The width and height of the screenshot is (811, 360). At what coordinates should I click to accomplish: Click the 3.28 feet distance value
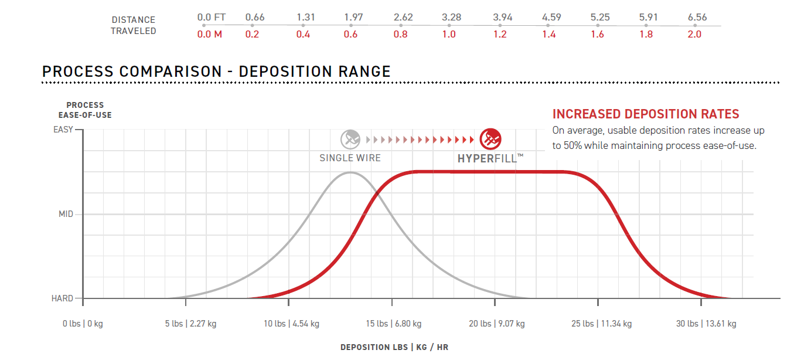pyautogui.click(x=452, y=18)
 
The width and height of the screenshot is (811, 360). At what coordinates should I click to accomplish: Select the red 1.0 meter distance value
pyautogui.click(x=449, y=34)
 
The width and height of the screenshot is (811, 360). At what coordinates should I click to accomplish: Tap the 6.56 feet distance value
pyautogui.click(x=697, y=18)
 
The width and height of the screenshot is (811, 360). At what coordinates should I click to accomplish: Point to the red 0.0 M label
pyautogui.click(x=210, y=34)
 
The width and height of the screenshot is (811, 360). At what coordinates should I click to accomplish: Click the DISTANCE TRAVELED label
pyautogui.click(x=134, y=25)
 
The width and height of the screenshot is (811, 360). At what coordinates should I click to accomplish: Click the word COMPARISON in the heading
pyautogui.click(x=170, y=72)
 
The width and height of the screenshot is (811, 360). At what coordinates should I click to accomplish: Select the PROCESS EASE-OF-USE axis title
pyautogui.click(x=85, y=110)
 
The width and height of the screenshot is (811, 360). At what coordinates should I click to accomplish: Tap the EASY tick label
pyautogui.click(x=63, y=130)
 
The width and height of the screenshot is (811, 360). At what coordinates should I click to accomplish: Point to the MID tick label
pyautogui.click(x=66, y=214)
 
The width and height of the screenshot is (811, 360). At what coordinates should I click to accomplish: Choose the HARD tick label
pyautogui.click(x=63, y=298)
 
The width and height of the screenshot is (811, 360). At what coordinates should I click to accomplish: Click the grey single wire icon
pyautogui.click(x=350, y=140)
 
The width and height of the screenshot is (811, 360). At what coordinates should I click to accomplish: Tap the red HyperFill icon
pyautogui.click(x=490, y=140)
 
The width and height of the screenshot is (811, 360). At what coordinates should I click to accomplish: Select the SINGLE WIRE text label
pyautogui.click(x=350, y=158)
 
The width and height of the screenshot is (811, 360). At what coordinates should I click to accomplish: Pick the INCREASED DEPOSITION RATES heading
pyautogui.click(x=646, y=114)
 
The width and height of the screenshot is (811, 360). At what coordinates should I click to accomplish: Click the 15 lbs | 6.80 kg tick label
pyautogui.click(x=393, y=324)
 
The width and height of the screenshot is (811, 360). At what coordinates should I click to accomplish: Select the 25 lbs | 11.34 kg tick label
pyautogui.click(x=599, y=324)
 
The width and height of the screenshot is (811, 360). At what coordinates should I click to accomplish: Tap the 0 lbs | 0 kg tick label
pyautogui.click(x=83, y=324)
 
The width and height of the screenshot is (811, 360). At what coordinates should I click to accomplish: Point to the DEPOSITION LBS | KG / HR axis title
pyautogui.click(x=394, y=347)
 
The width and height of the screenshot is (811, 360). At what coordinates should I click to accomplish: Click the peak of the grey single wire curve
pyautogui.click(x=350, y=172)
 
